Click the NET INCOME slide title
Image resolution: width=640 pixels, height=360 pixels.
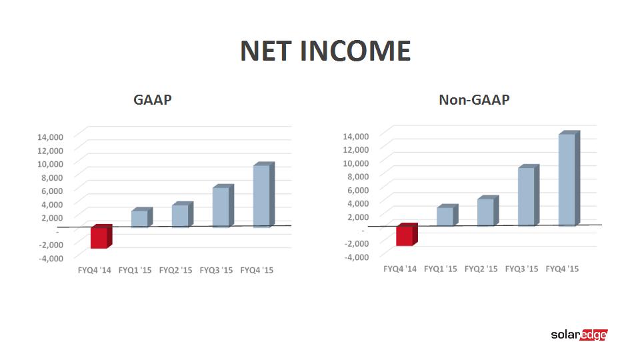pos(325,51)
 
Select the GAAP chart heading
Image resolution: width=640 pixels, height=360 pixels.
pos(153,99)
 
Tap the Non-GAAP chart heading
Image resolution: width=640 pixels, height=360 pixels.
pos(474,99)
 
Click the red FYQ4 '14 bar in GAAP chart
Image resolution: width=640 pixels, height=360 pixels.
pos(101,236)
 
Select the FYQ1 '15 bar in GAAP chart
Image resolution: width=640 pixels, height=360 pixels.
pos(141,217)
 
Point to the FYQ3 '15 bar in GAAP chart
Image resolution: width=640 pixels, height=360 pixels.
pos(223,206)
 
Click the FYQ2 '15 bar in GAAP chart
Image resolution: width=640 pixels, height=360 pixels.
pos(183,214)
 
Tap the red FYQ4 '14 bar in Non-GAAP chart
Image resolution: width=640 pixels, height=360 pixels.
pos(407,235)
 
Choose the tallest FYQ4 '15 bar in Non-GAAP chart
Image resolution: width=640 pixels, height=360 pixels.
pos(569,179)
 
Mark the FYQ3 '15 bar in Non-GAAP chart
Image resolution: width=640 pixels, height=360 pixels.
pos(529,195)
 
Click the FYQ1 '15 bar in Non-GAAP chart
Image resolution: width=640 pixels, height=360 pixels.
pos(447,215)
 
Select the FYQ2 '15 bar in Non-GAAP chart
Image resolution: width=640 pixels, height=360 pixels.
pos(488,211)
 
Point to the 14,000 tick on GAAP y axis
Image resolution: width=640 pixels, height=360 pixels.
pos(50,137)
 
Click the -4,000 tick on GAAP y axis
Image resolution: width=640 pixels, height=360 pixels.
pos(51,259)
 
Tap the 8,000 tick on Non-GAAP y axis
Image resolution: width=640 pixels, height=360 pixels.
pos(358,176)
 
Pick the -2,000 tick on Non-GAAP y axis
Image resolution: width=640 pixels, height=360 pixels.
pos(357,244)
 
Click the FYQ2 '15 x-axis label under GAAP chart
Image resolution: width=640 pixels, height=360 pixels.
pos(175,270)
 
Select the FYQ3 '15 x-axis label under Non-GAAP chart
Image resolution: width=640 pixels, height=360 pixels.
pos(521,269)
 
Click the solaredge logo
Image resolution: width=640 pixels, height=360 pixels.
pos(579,335)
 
